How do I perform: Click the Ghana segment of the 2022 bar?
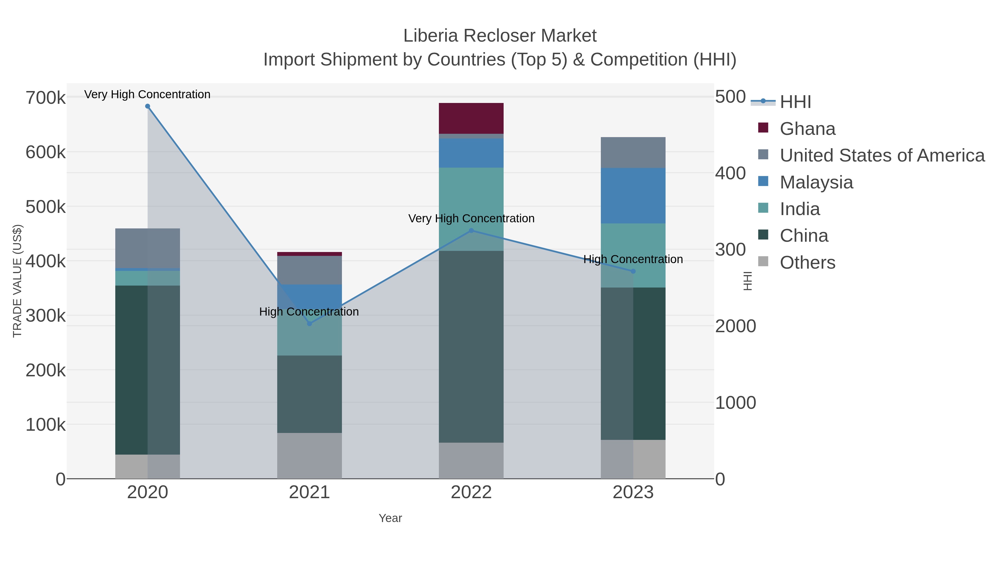[471, 118]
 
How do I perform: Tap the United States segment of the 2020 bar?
[147, 248]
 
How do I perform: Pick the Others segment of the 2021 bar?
[309, 455]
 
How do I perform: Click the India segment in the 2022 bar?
[471, 194]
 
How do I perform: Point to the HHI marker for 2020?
[147, 106]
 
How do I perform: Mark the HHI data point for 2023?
[633, 271]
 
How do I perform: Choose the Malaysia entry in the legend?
[816, 182]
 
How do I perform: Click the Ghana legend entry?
[807, 129]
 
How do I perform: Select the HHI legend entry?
[795, 102]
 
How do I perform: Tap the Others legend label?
[807, 263]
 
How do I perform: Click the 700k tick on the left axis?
[46, 98]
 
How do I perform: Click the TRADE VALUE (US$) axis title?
[17, 281]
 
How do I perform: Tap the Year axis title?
[390, 518]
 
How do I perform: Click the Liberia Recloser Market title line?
[500, 36]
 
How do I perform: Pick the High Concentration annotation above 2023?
[633, 259]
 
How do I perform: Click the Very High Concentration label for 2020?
[147, 94]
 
